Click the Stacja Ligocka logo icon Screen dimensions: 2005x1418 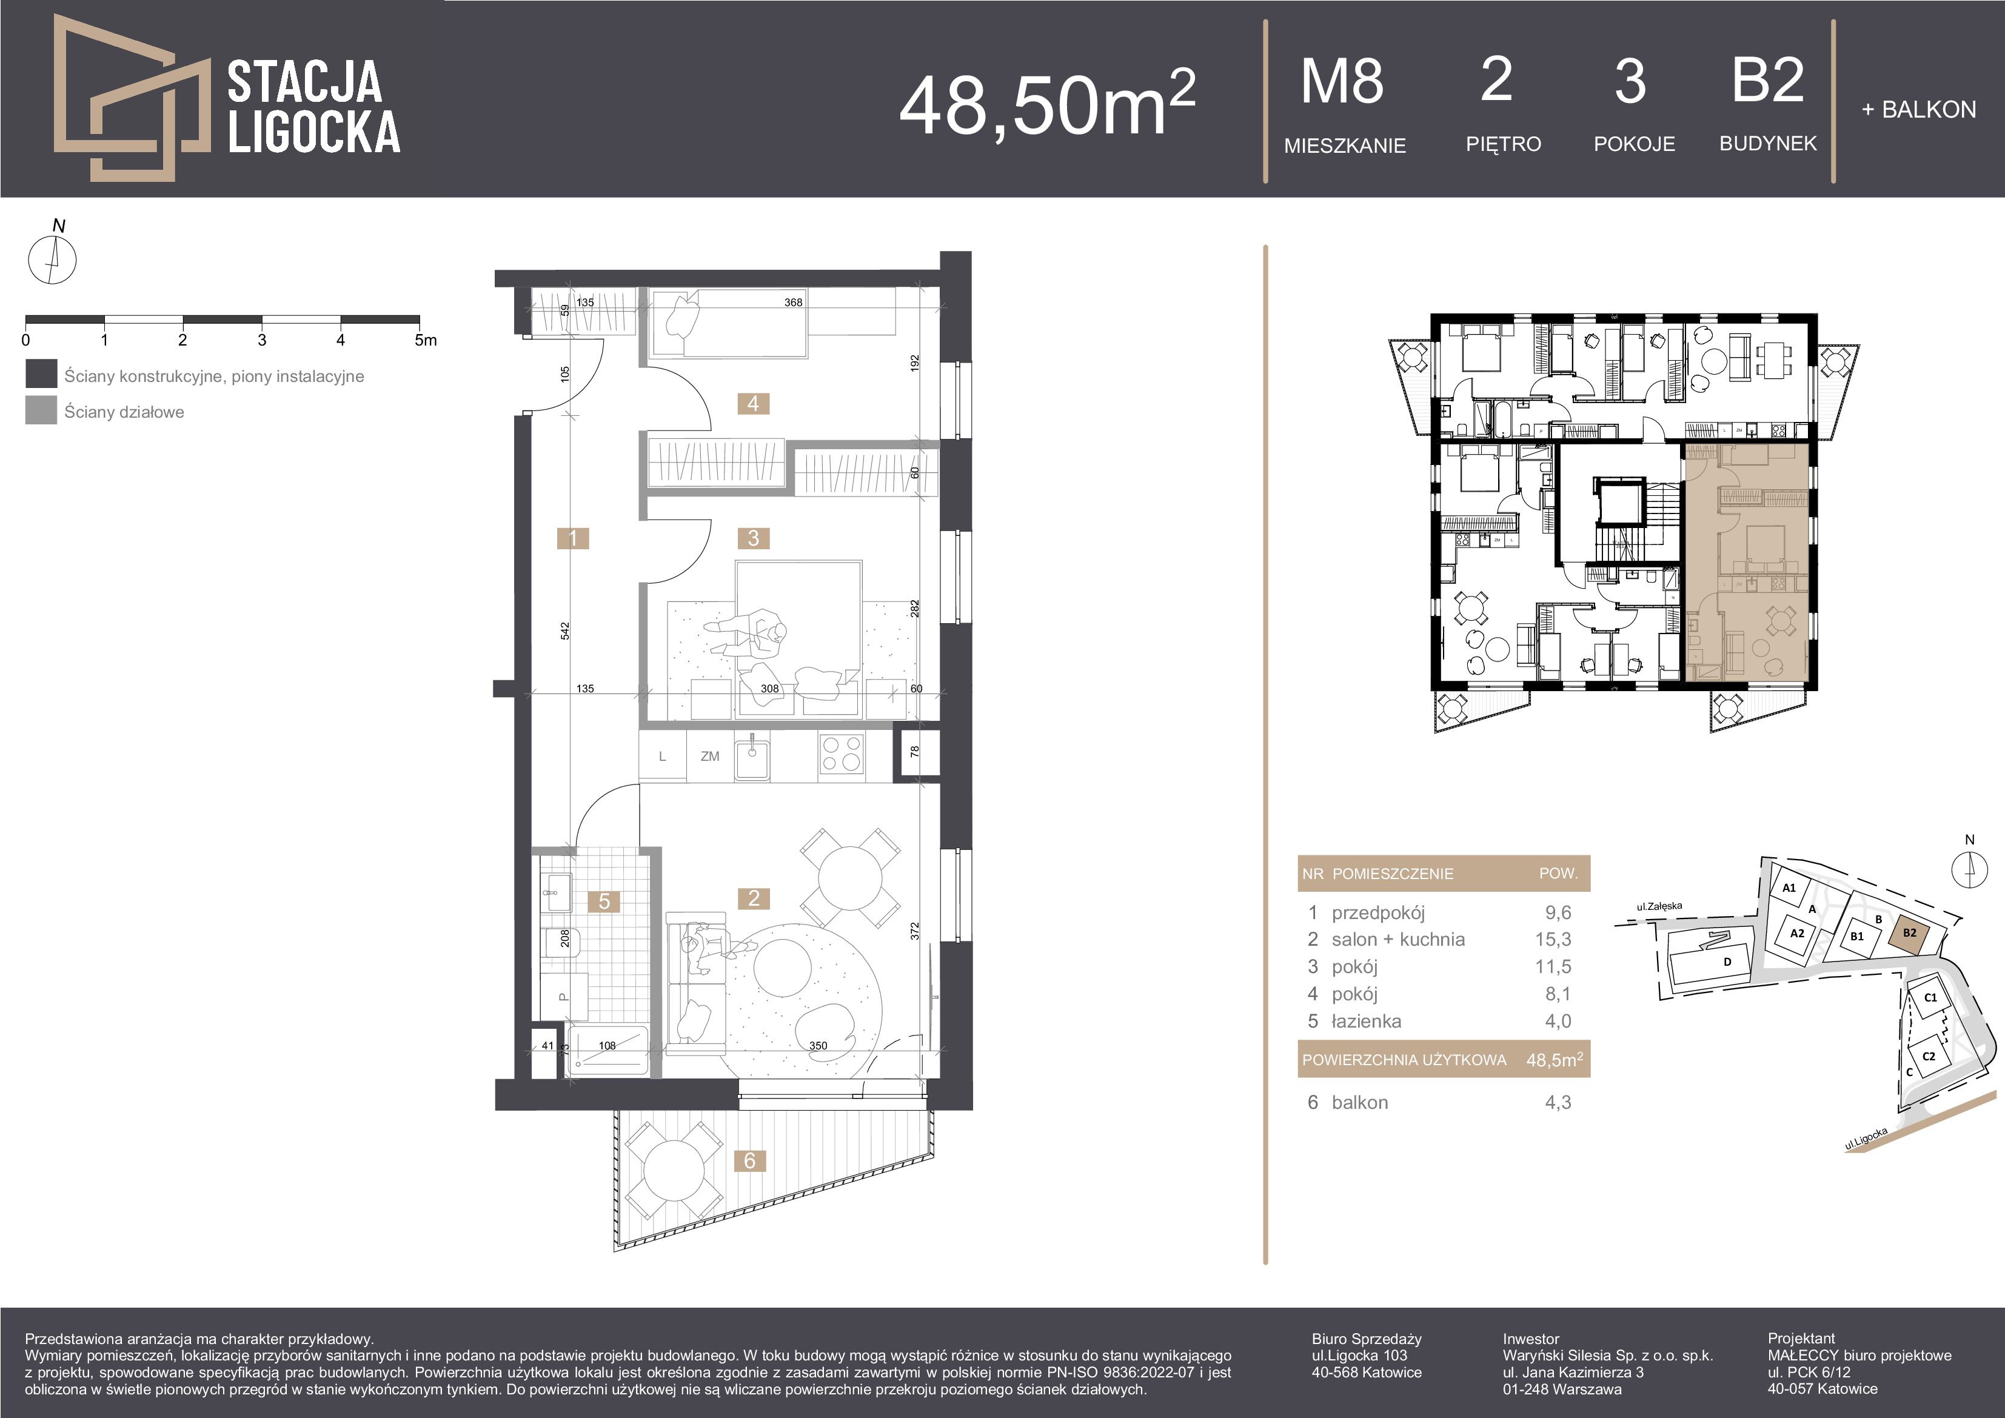tap(131, 98)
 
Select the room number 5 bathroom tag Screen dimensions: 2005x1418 tap(604, 901)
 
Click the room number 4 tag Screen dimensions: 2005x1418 tap(753, 403)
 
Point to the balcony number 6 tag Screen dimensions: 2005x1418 tap(749, 1160)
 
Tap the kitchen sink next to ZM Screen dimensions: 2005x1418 tap(752, 756)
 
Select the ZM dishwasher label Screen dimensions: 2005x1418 tap(710, 756)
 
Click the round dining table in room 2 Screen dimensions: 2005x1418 tap(851, 878)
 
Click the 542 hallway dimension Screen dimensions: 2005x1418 tap(565, 630)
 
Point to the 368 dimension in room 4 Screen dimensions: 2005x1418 tap(793, 302)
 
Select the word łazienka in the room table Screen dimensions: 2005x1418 tap(1367, 1021)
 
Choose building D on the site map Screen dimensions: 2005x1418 tap(1727, 962)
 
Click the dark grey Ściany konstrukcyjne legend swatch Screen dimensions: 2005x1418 tap(41, 373)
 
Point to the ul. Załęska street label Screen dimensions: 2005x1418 tap(1659, 906)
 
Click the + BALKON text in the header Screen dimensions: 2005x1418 tap(1918, 110)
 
